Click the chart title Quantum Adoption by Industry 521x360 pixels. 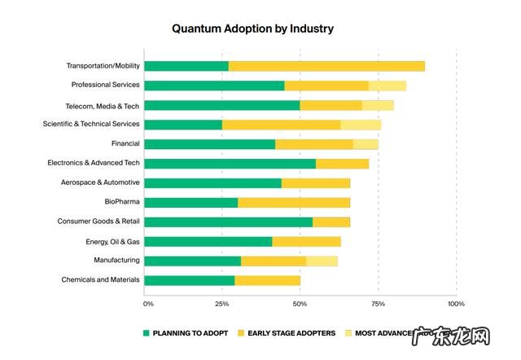(252, 29)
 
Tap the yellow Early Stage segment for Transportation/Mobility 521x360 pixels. (326, 66)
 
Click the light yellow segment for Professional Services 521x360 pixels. (387, 86)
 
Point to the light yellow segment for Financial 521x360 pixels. (366, 144)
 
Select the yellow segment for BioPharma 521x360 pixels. (294, 203)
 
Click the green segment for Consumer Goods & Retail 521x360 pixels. (228, 222)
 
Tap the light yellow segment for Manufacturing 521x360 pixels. (322, 261)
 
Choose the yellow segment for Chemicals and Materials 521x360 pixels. (267, 281)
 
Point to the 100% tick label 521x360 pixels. (456, 304)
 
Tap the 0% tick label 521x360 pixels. (148, 304)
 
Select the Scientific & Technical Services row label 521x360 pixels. (91, 125)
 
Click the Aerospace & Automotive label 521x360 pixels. (99, 182)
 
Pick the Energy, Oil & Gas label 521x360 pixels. (112, 241)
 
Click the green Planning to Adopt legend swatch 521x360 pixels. (147, 333)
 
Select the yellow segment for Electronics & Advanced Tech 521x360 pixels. (342, 164)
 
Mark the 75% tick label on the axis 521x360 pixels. (378, 304)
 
